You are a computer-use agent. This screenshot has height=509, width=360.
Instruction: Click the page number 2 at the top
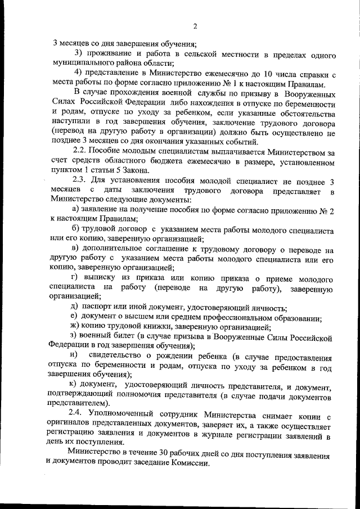coord(195,25)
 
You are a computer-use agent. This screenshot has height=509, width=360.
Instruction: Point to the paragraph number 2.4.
coord(82,416)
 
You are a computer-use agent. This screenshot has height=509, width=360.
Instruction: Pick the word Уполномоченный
coord(128,416)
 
